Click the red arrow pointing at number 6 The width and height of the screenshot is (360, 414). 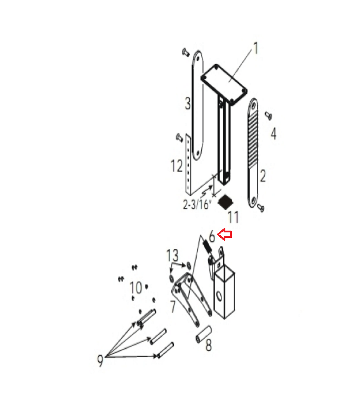click(x=224, y=234)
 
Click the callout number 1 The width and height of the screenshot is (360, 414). click(x=255, y=49)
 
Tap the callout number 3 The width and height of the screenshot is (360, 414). click(x=188, y=103)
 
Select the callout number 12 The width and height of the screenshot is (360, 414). click(x=177, y=166)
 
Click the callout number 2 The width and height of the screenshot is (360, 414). click(x=263, y=176)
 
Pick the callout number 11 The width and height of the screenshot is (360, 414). click(x=233, y=217)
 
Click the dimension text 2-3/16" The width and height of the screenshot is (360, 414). click(x=197, y=204)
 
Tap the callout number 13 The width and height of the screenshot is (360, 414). click(x=172, y=255)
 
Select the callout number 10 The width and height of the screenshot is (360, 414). click(x=136, y=287)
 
